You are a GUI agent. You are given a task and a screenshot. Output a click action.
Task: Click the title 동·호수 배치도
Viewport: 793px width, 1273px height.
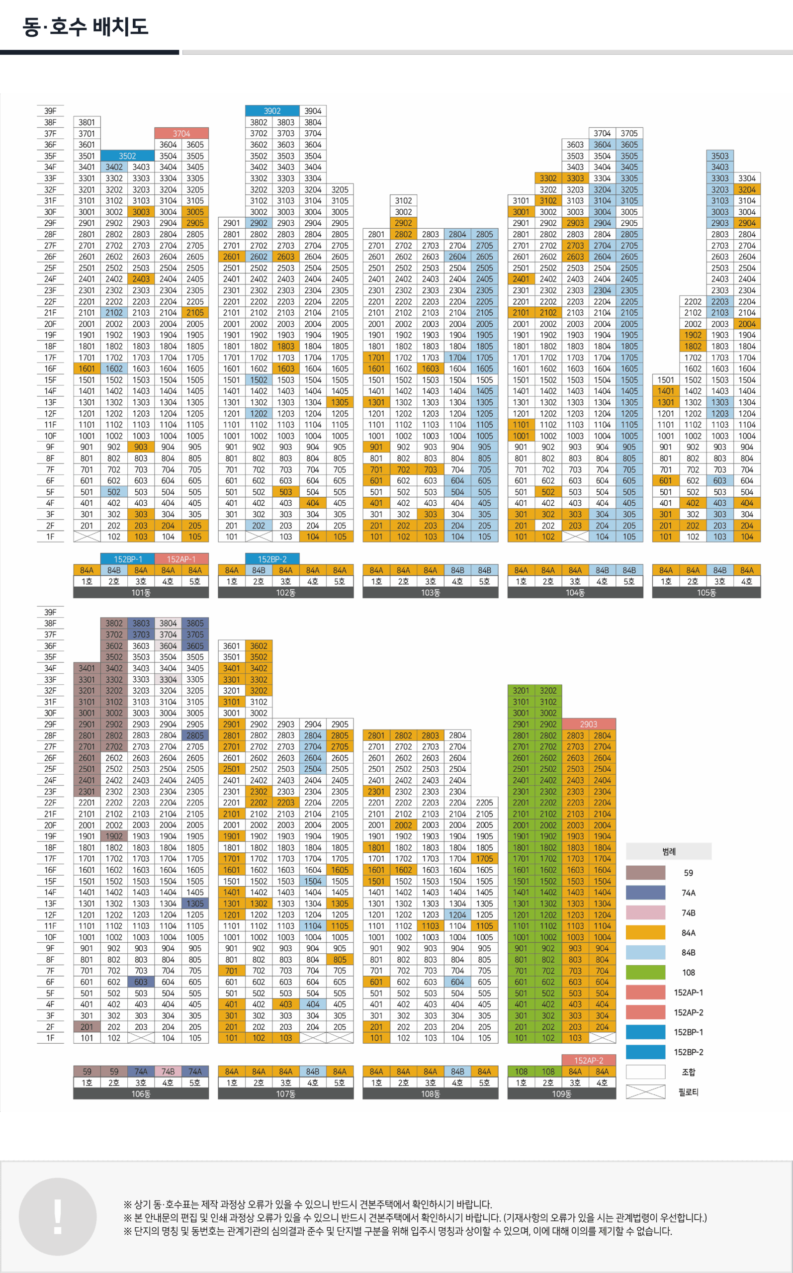click(x=86, y=26)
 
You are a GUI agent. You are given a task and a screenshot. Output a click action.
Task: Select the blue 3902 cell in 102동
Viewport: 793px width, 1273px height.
click(x=271, y=111)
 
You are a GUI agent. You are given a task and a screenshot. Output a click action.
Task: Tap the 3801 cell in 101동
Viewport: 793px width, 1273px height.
click(x=87, y=122)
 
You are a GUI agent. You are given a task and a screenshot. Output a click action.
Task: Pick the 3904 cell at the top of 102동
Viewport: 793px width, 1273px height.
click(x=313, y=111)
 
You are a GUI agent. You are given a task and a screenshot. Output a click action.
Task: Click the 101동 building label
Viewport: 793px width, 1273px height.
click(x=141, y=593)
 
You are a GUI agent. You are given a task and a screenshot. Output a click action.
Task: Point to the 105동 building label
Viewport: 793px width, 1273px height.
click(x=706, y=593)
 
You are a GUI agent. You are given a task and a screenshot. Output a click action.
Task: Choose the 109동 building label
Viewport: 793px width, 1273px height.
click(x=561, y=1093)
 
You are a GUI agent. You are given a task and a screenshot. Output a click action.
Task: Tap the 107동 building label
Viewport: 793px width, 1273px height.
click(x=285, y=1093)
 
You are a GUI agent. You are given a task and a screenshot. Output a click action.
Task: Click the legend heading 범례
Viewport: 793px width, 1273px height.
click(x=668, y=851)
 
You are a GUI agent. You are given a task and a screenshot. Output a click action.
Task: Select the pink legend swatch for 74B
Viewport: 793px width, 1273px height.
click(x=645, y=912)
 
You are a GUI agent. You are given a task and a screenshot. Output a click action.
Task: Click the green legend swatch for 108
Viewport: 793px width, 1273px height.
click(x=645, y=973)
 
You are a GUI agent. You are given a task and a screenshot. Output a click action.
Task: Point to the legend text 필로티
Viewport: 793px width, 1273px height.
click(x=688, y=1091)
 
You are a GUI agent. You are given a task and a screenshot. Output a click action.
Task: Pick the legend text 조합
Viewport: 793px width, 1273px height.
click(x=688, y=1072)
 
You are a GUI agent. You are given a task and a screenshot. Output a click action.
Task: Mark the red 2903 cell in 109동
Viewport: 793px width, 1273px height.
click(x=588, y=724)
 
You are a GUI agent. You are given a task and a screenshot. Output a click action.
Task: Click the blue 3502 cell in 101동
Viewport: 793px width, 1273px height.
click(x=127, y=156)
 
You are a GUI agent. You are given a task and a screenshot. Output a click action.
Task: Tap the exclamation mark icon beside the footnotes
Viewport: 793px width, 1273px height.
click(x=58, y=1216)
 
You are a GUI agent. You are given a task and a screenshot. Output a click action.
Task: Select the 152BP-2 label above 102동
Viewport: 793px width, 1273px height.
click(x=271, y=559)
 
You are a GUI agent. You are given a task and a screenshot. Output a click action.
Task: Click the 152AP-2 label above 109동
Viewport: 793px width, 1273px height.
click(x=588, y=1060)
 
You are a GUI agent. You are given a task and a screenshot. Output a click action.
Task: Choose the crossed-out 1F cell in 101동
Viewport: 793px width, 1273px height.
click(x=87, y=537)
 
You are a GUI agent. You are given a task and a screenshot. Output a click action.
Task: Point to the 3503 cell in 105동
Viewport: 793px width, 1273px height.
click(x=719, y=156)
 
